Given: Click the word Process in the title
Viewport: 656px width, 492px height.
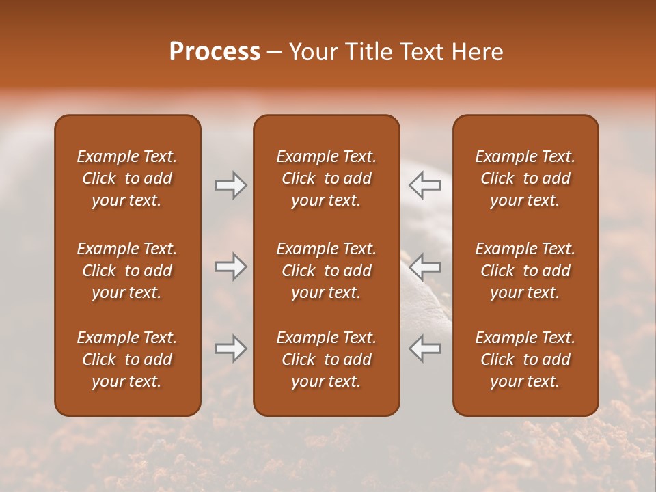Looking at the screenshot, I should point(215,52).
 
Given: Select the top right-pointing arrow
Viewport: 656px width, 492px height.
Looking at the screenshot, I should point(231,185).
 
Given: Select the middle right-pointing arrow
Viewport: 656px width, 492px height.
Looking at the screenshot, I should point(231,266).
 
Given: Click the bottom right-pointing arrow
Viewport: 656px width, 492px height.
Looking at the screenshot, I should point(231,348).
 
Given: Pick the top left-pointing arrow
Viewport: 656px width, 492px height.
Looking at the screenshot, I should point(424,185).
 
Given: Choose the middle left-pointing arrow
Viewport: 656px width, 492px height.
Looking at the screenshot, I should point(424,266).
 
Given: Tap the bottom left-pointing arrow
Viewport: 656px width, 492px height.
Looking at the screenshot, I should point(424,348).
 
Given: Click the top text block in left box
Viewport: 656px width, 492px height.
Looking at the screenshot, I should point(127,178).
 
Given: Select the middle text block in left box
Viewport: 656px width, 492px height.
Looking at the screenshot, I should point(127,271).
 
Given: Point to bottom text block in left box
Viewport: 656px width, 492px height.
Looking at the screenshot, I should point(127,359).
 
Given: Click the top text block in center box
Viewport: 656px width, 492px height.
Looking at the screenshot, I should point(327,178).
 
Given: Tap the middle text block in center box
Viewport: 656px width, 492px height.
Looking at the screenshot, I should point(327,271).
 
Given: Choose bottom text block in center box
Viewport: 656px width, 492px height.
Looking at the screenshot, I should point(327,359).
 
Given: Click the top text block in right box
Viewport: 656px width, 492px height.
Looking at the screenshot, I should point(525,178).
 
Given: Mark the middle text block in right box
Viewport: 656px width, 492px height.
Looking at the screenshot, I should point(525,271).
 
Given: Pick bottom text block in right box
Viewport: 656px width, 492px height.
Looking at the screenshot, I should point(525,359).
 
